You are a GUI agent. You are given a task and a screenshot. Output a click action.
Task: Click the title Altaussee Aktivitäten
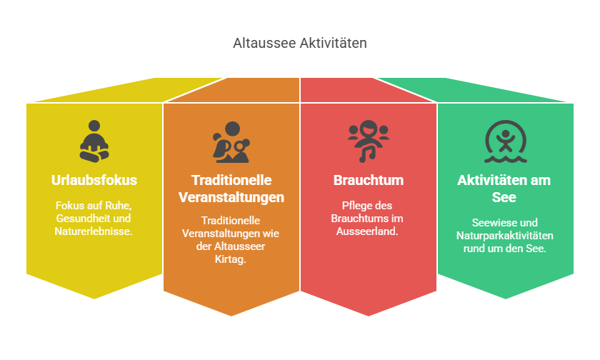(299, 43)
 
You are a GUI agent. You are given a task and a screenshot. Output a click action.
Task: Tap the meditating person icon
(94, 141)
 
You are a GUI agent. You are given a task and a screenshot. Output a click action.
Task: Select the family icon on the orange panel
(231, 142)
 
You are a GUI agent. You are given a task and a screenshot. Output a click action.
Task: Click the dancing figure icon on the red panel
(368, 141)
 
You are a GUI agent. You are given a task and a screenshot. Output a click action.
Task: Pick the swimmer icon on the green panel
(506, 141)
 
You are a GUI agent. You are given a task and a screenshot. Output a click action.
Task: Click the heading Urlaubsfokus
(94, 180)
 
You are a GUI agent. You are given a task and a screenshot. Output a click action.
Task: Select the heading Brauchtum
(369, 180)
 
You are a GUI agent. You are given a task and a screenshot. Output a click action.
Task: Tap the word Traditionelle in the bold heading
(231, 180)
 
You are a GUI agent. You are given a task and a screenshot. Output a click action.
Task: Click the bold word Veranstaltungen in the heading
(231, 197)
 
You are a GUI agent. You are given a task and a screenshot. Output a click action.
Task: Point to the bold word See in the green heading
(504, 197)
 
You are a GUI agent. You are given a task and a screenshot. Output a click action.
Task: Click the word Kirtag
(230, 259)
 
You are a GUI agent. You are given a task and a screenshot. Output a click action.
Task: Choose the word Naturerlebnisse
(94, 231)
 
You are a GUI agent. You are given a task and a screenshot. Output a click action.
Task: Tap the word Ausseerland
(367, 231)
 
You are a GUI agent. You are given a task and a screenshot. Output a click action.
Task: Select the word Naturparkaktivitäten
(505, 236)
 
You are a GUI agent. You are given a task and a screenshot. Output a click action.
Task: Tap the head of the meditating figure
(94, 126)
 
